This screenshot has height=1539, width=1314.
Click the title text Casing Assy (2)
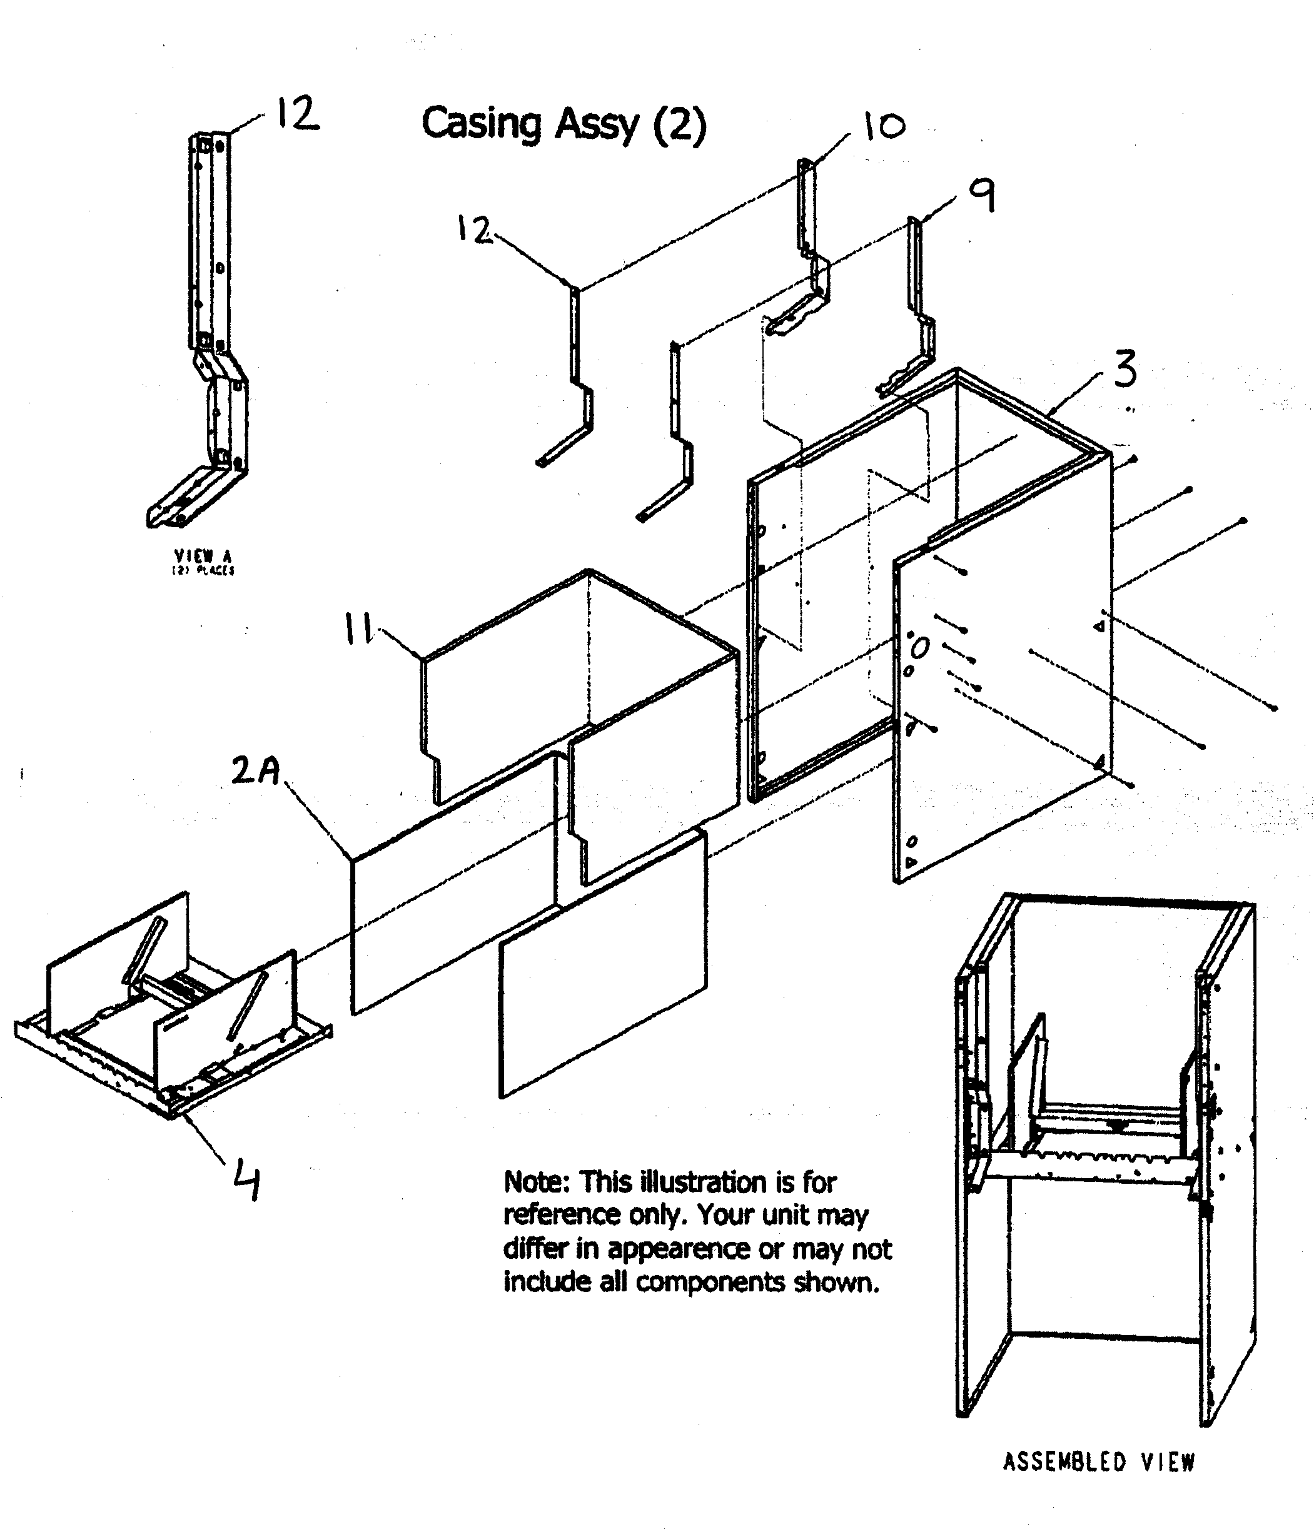(563, 124)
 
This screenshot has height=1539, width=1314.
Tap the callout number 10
(884, 126)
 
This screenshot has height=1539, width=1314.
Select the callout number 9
(983, 196)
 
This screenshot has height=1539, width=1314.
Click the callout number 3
(1125, 370)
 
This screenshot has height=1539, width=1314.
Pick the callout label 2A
(255, 770)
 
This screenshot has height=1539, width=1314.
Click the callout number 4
(247, 1181)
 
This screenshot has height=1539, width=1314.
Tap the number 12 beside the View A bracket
(297, 115)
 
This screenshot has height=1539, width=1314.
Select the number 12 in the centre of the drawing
(473, 230)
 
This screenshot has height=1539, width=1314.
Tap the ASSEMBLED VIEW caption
(1098, 1461)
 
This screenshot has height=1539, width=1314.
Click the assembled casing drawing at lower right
(1105, 1159)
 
